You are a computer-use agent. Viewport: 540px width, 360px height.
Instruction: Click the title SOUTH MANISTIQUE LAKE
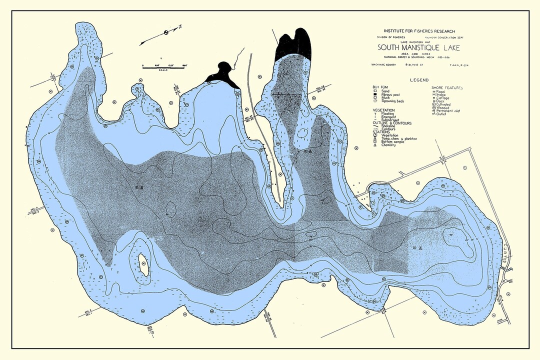(419, 48)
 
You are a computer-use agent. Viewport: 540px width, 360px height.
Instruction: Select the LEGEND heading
(419, 80)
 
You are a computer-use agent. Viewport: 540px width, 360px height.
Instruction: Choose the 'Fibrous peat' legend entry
(391, 94)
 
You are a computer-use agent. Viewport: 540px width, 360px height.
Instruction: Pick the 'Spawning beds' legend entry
(392, 101)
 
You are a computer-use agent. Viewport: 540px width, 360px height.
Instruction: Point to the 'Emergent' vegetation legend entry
(389, 116)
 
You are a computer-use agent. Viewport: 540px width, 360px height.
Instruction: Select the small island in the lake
(143, 264)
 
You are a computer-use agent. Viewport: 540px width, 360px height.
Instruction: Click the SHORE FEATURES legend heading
(447, 87)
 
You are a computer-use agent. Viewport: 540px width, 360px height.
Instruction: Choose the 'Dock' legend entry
(441, 100)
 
